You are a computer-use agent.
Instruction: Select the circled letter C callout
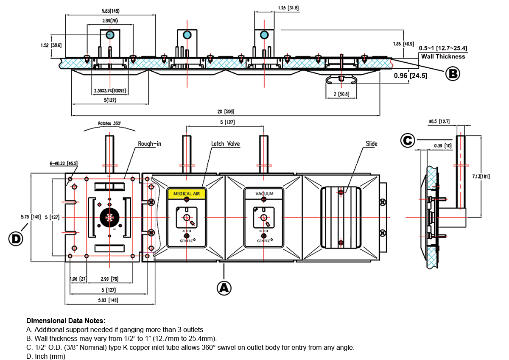[408, 140]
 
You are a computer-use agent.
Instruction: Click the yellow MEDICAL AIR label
[187, 193]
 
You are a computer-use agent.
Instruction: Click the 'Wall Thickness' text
[443, 56]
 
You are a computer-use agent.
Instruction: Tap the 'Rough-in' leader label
[149, 144]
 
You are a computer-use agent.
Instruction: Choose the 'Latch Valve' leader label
[225, 144]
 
